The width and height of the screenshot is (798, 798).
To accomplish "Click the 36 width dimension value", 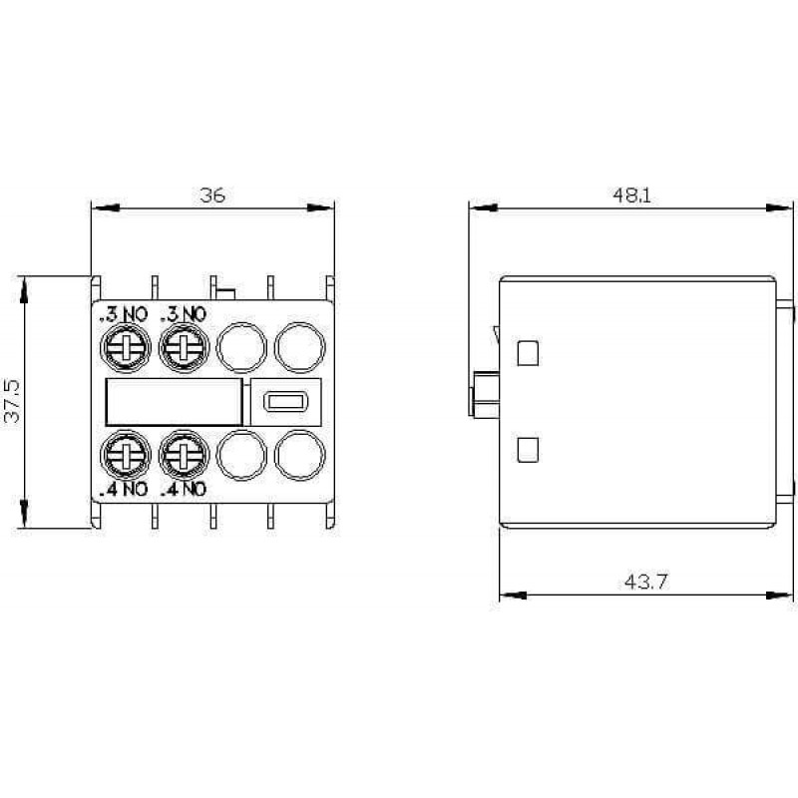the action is coord(212,195).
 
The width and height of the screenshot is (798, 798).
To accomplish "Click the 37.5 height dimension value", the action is coord(12,401).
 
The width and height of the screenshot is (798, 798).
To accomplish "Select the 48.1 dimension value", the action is coord(631,195).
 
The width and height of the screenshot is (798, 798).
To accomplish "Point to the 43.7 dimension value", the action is coord(645,582).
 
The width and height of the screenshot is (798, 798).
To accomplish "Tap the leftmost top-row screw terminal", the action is coord(126,347).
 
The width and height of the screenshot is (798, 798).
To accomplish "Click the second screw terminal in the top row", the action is coord(184,347).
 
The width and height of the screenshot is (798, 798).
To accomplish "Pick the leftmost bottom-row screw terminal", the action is coord(126,455).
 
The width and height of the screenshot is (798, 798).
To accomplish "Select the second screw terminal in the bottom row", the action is coord(184,455).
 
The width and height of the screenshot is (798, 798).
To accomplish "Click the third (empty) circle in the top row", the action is coord(241,347).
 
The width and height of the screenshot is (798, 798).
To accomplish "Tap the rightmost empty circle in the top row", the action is coord(300,347).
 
